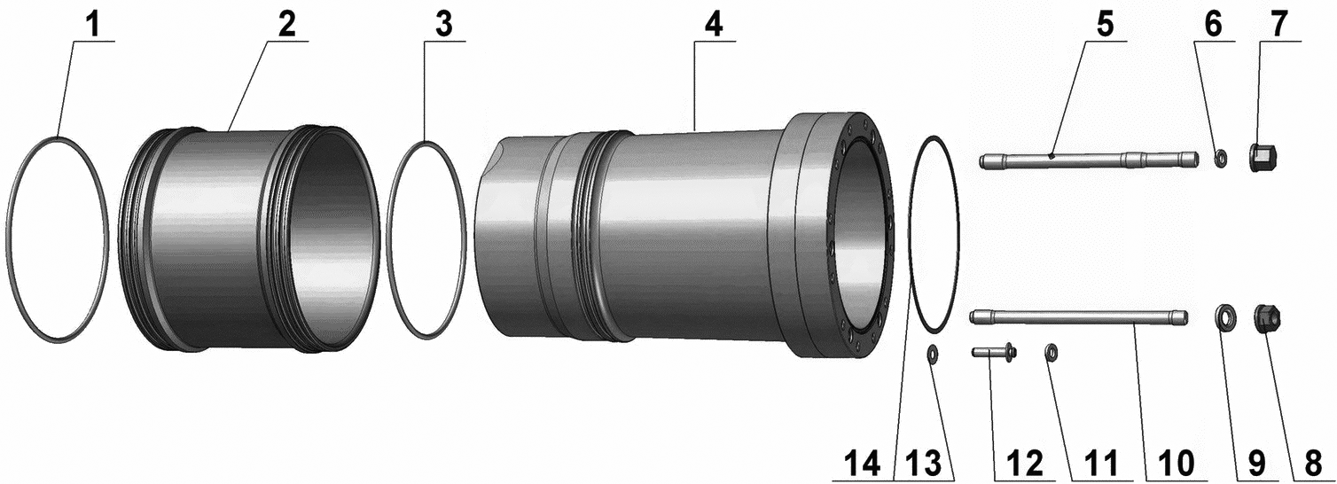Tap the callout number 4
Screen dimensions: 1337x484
713,25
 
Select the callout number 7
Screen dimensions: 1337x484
1278,25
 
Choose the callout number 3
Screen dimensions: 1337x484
443,25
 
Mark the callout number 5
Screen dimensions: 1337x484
1104,25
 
